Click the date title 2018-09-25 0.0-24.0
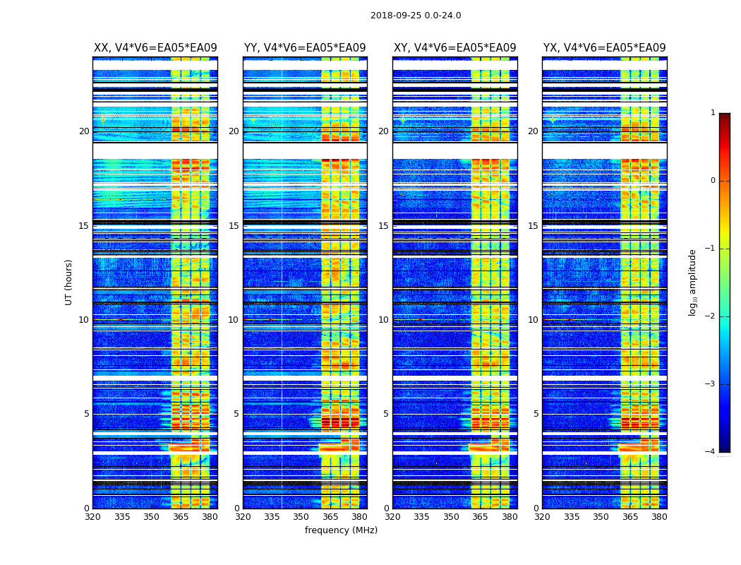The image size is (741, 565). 416,16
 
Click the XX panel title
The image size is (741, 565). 155,48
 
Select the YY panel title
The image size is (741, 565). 305,48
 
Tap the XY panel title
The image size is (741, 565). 454,48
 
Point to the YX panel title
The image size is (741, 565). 604,48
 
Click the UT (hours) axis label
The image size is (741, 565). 69,282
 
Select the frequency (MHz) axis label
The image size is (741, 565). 341,530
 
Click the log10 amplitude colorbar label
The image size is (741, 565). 693,282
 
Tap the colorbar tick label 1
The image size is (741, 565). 712,113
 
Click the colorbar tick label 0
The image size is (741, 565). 712,181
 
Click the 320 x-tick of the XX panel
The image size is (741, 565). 93,517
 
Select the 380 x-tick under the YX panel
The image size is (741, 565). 659,517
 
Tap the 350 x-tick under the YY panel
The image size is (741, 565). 301,517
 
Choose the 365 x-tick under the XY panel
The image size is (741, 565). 480,517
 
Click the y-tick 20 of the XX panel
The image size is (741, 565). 84,131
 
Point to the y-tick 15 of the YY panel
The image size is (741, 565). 234,226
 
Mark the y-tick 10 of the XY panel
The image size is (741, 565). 383,320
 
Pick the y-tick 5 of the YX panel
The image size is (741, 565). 536,414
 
